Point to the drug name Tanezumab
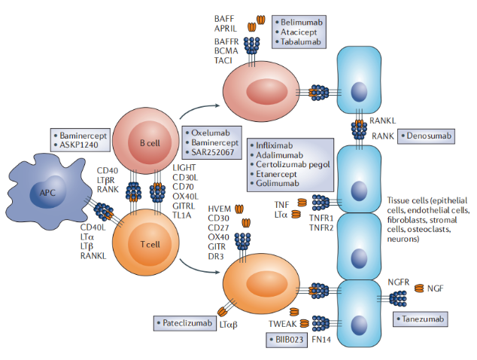[424, 320]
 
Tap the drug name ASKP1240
[84, 143]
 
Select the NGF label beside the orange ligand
[435, 288]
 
